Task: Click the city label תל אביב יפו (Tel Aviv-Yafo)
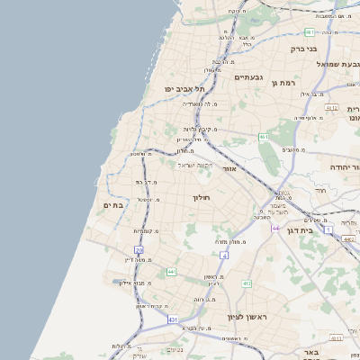pos(185,89)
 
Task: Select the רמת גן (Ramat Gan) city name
pos(283,83)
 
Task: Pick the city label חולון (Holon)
pos(200,196)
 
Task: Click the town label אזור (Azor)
pos(229,168)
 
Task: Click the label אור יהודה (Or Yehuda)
pos(340,166)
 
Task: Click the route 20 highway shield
pos(139,250)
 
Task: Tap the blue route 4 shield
pos(224,256)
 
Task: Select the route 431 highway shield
pos(172,319)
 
